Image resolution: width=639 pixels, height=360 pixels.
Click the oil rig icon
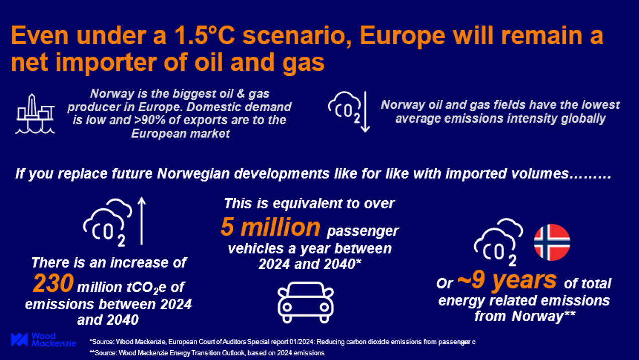click(35, 114)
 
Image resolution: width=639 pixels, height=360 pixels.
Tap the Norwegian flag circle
click(552, 243)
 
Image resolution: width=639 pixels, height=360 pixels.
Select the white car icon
click(306, 302)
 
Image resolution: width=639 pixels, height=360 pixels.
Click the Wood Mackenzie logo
click(43, 340)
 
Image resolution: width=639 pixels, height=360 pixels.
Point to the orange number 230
click(53, 283)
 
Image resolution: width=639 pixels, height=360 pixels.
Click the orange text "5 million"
click(271, 227)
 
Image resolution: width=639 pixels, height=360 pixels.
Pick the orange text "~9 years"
click(506, 280)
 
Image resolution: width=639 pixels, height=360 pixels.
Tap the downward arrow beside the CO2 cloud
click(365, 112)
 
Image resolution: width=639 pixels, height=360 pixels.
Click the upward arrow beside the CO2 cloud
click(142, 221)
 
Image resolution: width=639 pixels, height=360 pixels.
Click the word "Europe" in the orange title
click(402, 37)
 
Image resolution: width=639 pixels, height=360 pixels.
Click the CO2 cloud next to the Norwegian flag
click(498, 243)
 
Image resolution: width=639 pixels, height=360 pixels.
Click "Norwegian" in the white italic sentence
click(193, 173)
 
